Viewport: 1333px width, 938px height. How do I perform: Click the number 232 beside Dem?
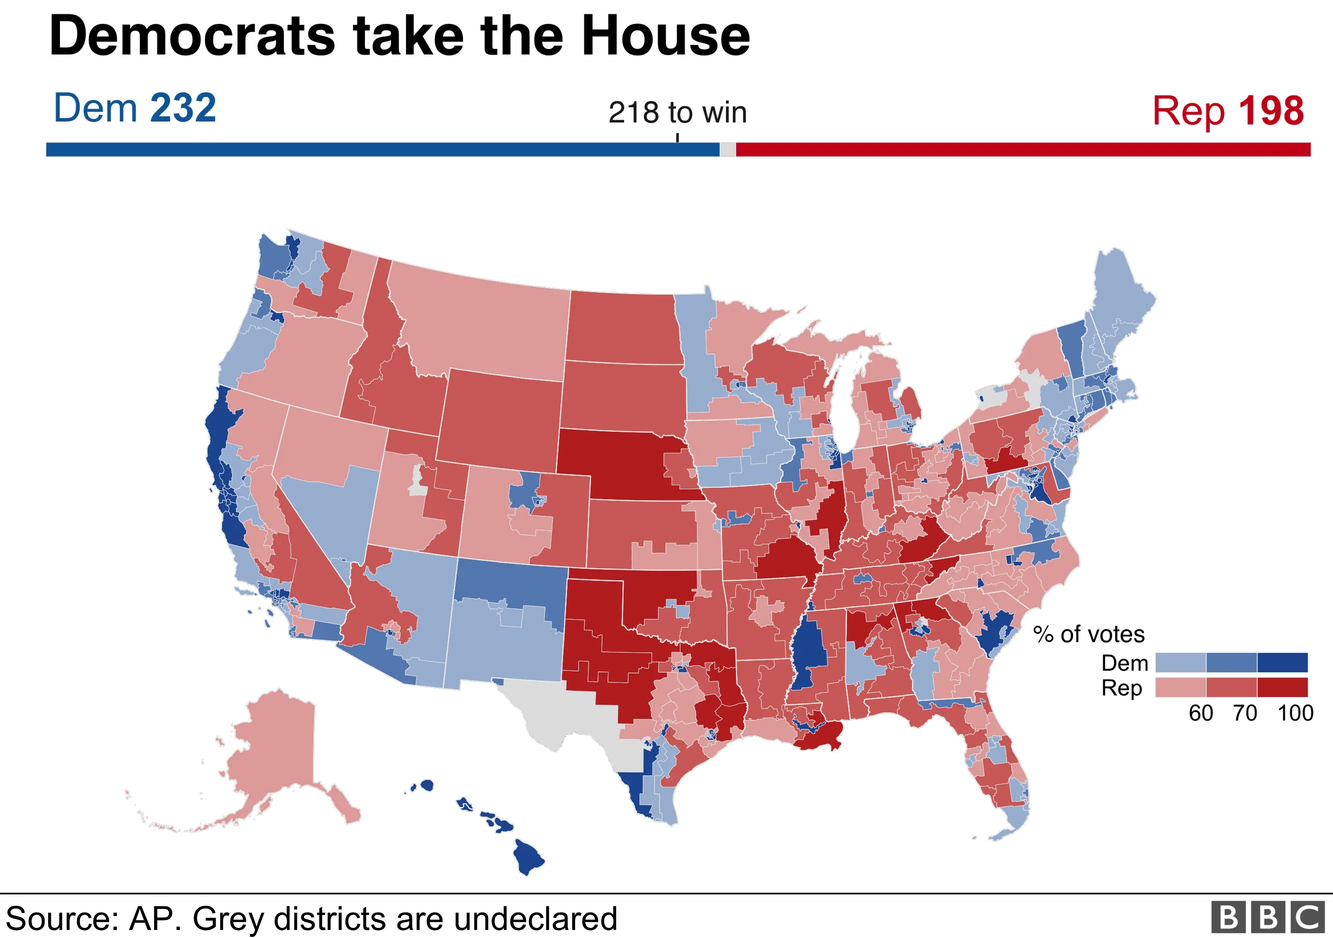click(183, 109)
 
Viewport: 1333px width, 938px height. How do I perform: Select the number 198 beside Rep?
click(1271, 111)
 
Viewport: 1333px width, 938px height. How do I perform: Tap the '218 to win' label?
click(677, 113)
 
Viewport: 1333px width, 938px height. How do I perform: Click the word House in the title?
click(665, 36)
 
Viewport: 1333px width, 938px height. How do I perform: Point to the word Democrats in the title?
click(192, 36)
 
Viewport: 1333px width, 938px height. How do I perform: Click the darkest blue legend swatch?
click(1282, 662)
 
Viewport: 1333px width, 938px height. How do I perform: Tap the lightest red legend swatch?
click(1180, 687)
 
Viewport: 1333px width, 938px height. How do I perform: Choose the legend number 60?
click(1200, 713)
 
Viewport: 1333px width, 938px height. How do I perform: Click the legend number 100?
click(1294, 713)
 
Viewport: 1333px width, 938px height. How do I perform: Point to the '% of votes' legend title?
click(1088, 634)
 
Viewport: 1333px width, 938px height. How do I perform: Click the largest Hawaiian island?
click(527, 856)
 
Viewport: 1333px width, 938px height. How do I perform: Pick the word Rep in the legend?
click(1121, 688)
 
